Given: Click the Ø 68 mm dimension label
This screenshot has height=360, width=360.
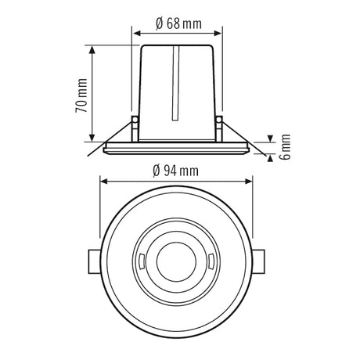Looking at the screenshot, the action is pyautogui.click(x=178, y=23).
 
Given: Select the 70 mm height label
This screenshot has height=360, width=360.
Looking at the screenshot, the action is pyautogui.click(x=81, y=95).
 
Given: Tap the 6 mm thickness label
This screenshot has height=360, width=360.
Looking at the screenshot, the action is pyautogui.click(x=284, y=146).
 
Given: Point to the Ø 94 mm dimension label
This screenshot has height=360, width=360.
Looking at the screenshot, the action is pyautogui.click(x=175, y=171).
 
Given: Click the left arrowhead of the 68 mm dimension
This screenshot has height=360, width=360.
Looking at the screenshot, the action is pyautogui.click(x=136, y=33).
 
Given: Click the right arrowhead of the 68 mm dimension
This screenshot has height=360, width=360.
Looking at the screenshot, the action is pyautogui.click(x=218, y=33).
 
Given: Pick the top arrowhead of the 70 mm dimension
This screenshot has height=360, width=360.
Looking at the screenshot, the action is pyautogui.click(x=92, y=49).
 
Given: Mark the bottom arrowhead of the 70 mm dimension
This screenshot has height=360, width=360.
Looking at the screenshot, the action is pyautogui.click(x=92, y=138).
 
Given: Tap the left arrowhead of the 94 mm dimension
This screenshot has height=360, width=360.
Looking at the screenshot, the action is pyautogui.click(x=104, y=182).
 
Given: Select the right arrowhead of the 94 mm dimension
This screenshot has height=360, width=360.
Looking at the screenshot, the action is pyautogui.click(x=248, y=182).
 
